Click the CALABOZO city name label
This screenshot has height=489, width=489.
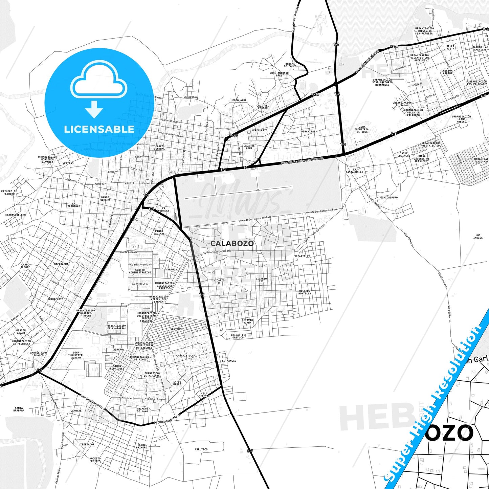pos(232,243)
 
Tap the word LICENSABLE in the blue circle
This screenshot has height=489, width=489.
pos(99,129)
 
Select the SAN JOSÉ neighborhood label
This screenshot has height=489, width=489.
pos(177,329)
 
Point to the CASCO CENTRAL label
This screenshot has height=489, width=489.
pos(159,148)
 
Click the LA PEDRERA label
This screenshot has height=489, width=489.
pos(163,209)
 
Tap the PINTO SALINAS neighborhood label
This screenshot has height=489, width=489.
pos(159,232)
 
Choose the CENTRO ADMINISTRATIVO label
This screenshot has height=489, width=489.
pos(140,271)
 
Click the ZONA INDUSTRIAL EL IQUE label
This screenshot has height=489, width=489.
pos(362,130)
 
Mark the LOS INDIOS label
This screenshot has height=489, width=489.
pos(478,236)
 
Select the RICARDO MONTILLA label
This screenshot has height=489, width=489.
pos(305,292)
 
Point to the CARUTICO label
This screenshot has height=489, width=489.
pos(201,449)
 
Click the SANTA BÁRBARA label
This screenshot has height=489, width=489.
pos(19,409)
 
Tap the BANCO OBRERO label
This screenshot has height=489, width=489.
pos(105,199)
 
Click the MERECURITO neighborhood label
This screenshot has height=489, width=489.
pos(260,130)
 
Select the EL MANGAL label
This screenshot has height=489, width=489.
pos(229,361)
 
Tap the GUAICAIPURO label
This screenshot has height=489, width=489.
pos(389,197)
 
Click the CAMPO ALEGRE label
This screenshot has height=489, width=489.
pos(25,266)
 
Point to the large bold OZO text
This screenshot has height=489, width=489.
pos(449,433)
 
